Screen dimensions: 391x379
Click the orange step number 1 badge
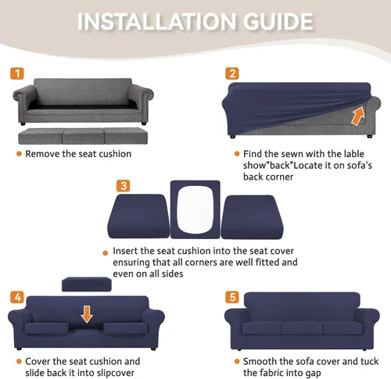click(17, 73)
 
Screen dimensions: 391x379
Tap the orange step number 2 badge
click(232, 73)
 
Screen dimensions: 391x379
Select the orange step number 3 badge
click(123, 186)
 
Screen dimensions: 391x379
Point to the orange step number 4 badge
click(17, 297)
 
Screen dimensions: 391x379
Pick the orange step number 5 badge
click(232, 297)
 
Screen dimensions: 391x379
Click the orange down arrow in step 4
click(87, 314)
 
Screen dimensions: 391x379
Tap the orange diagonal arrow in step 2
click(357, 116)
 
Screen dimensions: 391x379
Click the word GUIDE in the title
click(278, 21)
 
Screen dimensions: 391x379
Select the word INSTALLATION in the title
click(156, 21)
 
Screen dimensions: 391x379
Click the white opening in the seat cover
click(195, 209)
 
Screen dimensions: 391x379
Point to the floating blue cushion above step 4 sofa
click(87, 284)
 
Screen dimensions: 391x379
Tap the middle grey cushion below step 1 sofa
click(84, 136)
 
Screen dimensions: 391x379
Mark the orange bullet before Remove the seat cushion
click(19, 154)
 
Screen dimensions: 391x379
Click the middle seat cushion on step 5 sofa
click(302, 327)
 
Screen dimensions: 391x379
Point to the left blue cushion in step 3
click(138, 216)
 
